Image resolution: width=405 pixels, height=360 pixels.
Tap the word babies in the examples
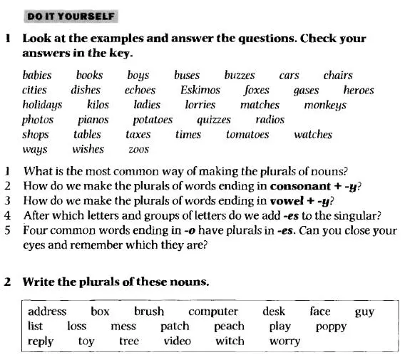37,75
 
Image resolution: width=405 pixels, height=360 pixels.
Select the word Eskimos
200,90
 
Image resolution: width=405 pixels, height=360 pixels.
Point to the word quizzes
214,120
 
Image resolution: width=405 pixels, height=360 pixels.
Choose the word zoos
138,150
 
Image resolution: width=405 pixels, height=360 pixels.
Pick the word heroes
358,90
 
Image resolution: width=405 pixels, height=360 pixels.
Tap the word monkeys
324,105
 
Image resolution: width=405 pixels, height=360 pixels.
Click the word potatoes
153,120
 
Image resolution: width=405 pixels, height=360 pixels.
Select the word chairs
338,75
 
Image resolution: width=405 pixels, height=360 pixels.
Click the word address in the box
47,312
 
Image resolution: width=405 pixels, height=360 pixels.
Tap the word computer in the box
213,312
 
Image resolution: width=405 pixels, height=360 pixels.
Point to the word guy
364,312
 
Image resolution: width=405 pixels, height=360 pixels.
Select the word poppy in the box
331,326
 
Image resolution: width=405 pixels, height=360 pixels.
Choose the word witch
230,341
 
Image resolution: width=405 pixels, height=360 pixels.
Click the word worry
284,341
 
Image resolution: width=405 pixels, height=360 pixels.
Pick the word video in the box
178,341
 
